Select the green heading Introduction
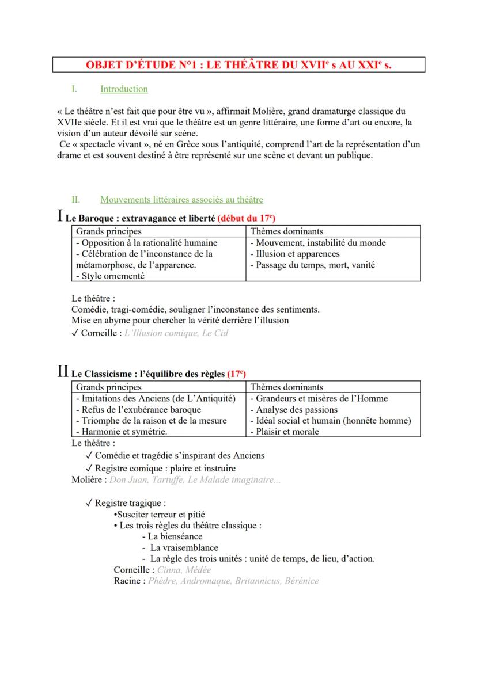pyautogui.click(x=124, y=89)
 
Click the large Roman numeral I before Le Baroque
pyautogui.click(x=60, y=217)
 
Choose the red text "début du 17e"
pyautogui.click(x=248, y=219)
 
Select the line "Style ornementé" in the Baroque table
pyautogui.click(x=110, y=276)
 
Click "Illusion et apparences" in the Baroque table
pyautogui.click(x=295, y=254)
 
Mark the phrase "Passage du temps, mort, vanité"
pyautogui.click(x=312, y=265)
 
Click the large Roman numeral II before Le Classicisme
pyautogui.click(x=63, y=372)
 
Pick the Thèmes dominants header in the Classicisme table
pyautogui.click(x=287, y=387)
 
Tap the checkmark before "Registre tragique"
pyautogui.click(x=89, y=503)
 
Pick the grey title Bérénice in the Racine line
pyautogui.click(x=301, y=581)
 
